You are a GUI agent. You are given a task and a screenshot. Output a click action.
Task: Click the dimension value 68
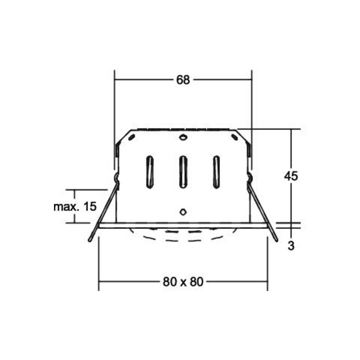[183, 80]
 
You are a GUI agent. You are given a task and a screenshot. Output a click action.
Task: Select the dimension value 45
[290, 176]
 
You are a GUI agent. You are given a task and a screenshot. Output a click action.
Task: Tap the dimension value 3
[291, 246]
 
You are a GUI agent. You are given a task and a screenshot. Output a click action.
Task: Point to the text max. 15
[75, 206]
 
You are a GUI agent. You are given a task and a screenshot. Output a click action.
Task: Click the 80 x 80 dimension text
[183, 281]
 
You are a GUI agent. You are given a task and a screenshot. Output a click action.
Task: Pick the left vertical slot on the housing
[149, 172]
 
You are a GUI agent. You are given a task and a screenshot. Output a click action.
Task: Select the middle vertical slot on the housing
[183, 172]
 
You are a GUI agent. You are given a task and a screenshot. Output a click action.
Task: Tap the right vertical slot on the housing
[216, 172]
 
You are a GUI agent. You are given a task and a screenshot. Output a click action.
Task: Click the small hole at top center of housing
[183, 137]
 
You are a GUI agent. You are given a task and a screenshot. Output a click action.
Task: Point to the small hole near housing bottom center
[183, 211]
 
